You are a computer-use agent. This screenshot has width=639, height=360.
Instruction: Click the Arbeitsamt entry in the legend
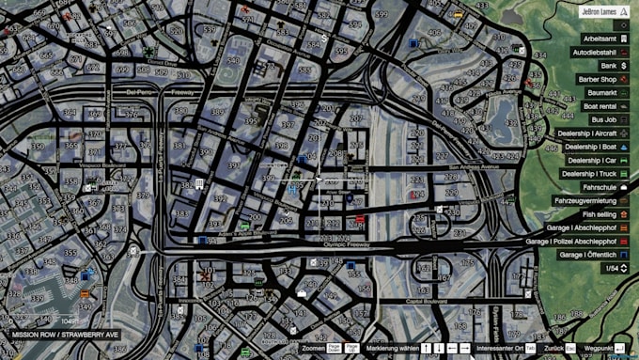[x=599, y=39]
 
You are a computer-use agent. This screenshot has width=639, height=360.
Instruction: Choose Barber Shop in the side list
[x=597, y=80]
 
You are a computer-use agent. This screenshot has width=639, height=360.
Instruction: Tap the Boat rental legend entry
[x=599, y=107]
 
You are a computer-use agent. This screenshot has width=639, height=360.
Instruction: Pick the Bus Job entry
[x=602, y=120]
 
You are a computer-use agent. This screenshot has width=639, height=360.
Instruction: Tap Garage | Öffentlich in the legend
[x=587, y=255]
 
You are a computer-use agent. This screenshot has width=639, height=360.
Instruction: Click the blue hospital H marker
[x=292, y=189]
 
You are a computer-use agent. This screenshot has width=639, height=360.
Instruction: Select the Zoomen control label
[x=313, y=348]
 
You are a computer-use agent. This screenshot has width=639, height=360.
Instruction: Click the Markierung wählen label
[x=392, y=348]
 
